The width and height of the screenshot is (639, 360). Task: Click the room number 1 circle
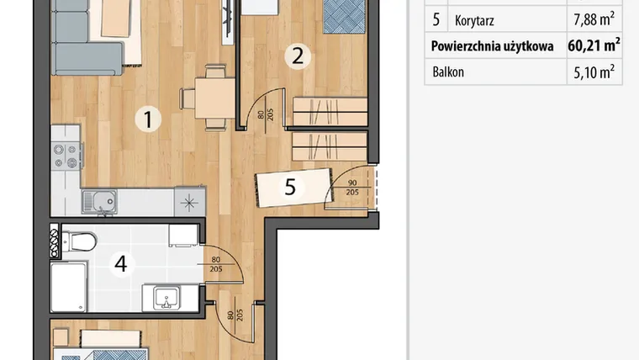148,119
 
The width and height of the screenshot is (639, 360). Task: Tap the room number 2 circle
298,56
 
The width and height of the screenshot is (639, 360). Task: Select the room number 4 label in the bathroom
120,264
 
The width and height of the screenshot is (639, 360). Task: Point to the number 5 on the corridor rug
290,187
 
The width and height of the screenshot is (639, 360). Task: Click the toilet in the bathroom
79,241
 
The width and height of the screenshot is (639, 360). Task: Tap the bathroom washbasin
167,298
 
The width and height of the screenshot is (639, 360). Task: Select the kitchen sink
100,202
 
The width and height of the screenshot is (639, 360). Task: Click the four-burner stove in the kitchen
66,156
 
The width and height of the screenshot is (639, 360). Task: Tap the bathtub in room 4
69,287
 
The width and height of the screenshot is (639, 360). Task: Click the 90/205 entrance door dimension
352,188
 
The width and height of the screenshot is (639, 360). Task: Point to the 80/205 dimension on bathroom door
216,264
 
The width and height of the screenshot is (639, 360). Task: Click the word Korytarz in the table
474,20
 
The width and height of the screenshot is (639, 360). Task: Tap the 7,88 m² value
594,19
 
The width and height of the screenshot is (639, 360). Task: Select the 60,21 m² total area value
594,45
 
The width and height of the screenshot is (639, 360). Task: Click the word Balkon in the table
448,72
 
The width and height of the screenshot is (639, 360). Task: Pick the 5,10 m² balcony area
594,71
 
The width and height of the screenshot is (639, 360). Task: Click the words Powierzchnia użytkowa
493,46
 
